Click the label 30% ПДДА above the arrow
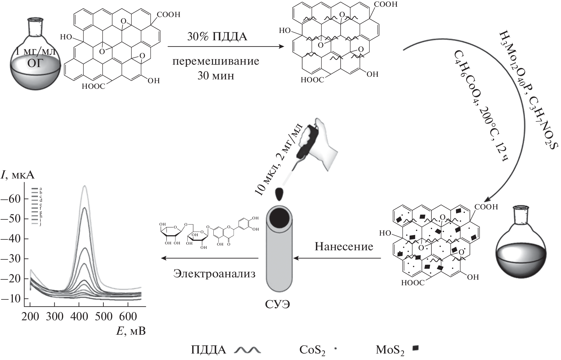217,37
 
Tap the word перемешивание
216,61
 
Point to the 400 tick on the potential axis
79,316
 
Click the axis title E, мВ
131,331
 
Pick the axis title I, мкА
18,175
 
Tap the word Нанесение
344,246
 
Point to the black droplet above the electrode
279,194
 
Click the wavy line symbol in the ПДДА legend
247,350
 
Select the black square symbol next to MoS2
416,349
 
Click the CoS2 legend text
312,350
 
